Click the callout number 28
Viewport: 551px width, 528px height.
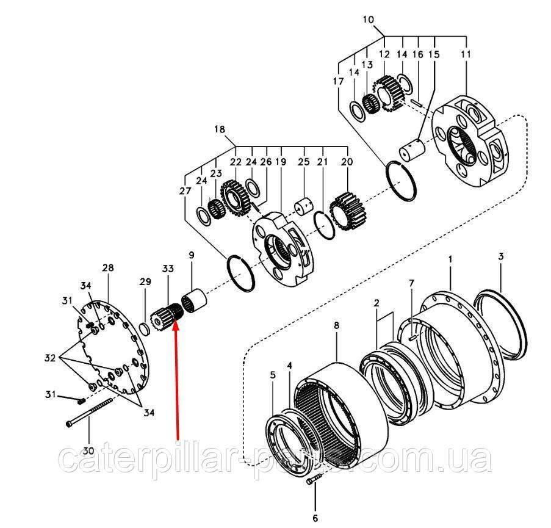coord(109,268)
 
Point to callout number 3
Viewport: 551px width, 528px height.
coord(500,257)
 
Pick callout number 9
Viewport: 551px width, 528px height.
coord(191,255)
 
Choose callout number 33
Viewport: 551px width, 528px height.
coord(167,268)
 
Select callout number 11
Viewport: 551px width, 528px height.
coord(466,54)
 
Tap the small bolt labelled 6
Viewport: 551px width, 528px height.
coord(312,480)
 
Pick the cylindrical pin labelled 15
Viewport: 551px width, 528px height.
coord(413,150)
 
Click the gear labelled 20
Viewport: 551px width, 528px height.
coord(347,211)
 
